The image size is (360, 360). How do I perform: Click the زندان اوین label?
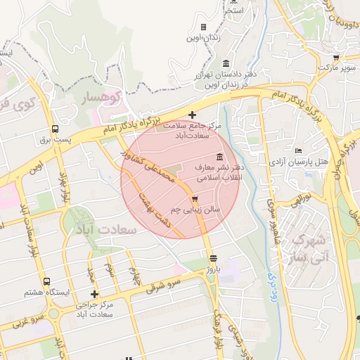(x=203, y=38)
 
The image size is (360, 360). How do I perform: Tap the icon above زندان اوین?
(x=204, y=27)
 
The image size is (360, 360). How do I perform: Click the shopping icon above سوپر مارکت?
(x=335, y=58)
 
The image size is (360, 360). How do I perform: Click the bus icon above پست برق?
(x=55, y=129)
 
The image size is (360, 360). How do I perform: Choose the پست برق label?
(x=55, y=141)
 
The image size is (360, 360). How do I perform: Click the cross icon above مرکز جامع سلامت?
(x=193, y=114)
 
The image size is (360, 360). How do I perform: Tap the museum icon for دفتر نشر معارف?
(x=220, y=156)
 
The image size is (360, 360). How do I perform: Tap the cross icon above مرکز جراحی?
(x=94, y=294)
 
